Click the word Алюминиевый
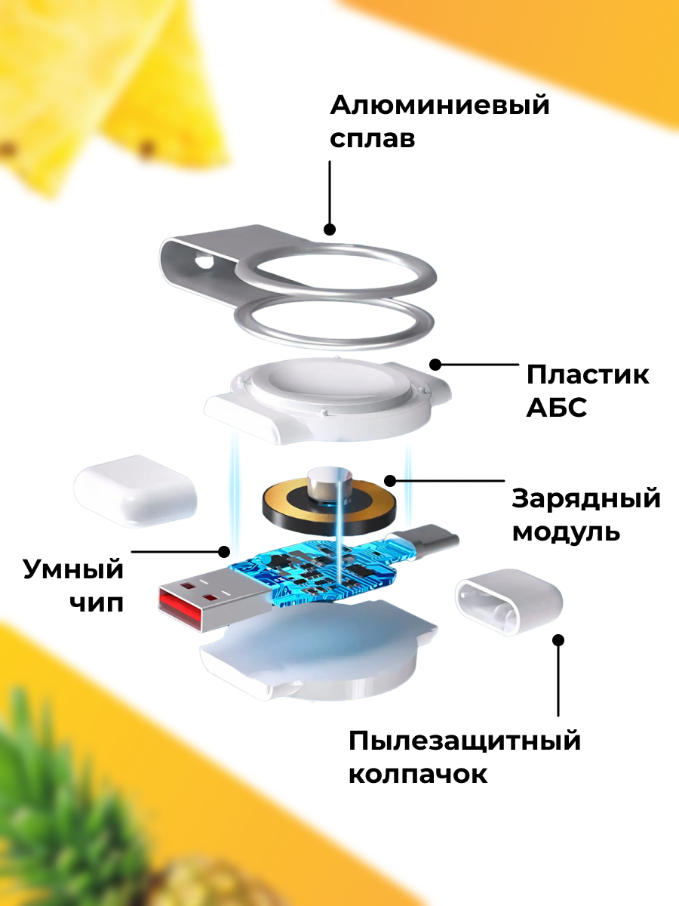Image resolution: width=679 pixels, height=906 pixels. [x=440, y=106]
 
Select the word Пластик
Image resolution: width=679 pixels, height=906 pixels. [x=588, y=375]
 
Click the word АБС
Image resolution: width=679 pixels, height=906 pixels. [x=556, y=409]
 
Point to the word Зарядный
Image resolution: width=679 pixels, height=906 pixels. [x=586, y=499]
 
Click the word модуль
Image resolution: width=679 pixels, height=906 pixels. [x=566, y=533]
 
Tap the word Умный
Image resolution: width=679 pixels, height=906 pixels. [x=72, y=569]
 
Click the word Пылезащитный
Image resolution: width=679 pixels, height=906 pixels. [x=465, y=741]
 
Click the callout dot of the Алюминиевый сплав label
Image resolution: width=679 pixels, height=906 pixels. [x=330, y=228]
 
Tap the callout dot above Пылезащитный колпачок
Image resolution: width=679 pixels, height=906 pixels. [x=558, y=640]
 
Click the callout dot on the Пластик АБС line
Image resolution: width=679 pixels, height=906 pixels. [x=435, y=365]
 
